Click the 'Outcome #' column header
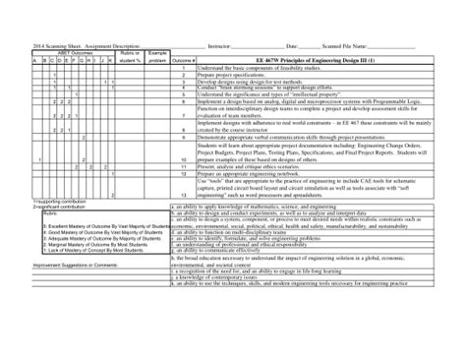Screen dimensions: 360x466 [183, 61]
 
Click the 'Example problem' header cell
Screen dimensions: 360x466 [157, 56]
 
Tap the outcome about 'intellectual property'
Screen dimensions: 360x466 [265, 93]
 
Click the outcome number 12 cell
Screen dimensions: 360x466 [184, 172]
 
